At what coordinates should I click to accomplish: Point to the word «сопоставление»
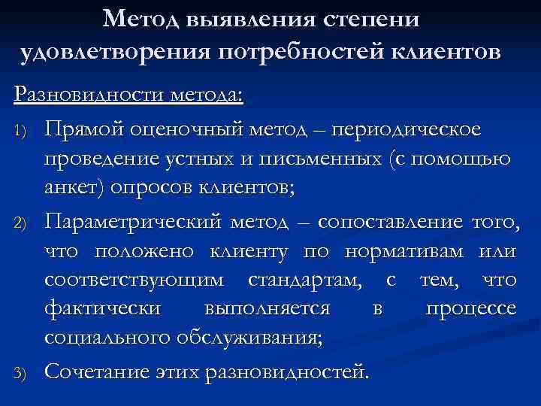pos(390,223)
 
